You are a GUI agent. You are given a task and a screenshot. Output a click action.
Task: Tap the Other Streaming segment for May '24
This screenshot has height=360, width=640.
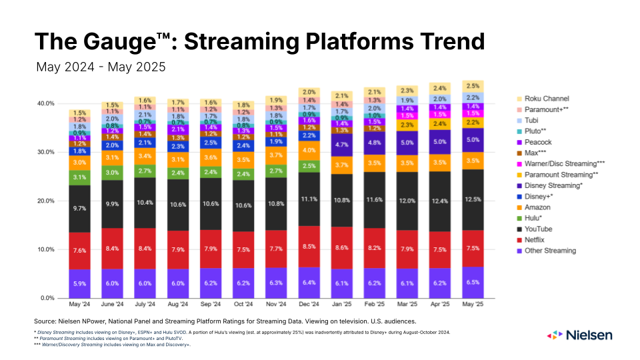point(79,283)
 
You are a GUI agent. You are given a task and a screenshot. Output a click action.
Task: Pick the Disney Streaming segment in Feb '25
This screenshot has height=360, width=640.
point(374,142)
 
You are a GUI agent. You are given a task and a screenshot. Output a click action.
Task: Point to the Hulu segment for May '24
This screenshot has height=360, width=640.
point(79,177)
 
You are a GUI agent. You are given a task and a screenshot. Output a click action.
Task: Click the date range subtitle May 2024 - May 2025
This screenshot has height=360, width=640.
point(100,67)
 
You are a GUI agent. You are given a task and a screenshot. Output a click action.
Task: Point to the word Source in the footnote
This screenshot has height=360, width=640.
point(47,321)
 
